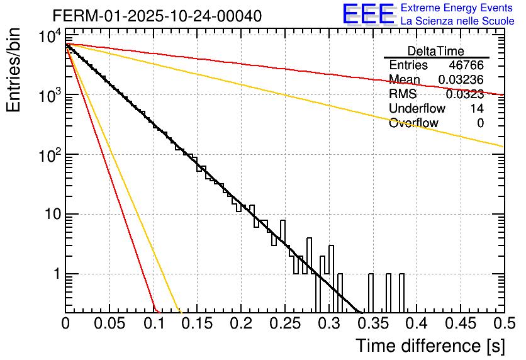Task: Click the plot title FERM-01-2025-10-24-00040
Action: [157, 15]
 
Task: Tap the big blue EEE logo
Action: [368, 14]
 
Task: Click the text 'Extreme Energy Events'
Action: [457, 8]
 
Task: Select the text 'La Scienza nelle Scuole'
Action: [457, 21]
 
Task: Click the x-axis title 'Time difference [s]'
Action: [430, 346]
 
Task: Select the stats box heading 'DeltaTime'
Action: [436, 51]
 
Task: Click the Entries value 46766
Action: [466, 65]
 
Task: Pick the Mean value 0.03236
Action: [461, 80]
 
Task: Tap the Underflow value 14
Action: [477, 109]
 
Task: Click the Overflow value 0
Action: [480, 123]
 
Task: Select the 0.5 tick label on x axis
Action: [498, 324]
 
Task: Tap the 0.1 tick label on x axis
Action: [154, 324]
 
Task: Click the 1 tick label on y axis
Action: [56, 274]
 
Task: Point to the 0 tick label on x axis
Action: [65, 324]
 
